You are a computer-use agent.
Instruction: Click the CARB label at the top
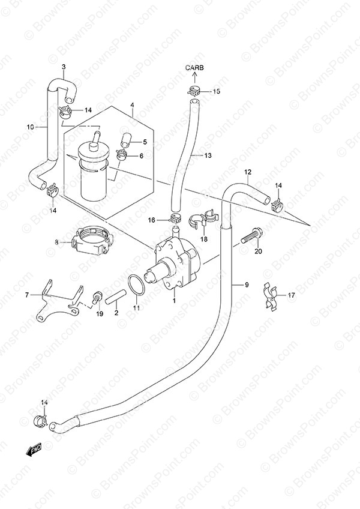(x=195, y=68)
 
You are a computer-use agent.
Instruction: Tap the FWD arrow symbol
(x=34, y=450)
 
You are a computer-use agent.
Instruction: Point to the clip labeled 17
(x=271, y=297)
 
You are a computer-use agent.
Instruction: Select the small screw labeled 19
(x=97, y=298)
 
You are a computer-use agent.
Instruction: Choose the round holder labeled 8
(x=92, y=241)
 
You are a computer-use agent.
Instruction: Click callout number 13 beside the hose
(x=208, y=155)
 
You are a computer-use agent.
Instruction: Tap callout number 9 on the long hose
(x=247, y=285)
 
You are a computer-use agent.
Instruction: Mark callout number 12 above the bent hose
(x=248, y=172)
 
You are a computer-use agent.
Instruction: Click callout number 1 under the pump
(x=175, y=301)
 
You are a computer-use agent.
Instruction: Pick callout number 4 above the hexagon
(x=133, y=104)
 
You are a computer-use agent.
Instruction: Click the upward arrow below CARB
(x=195, y=78)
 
